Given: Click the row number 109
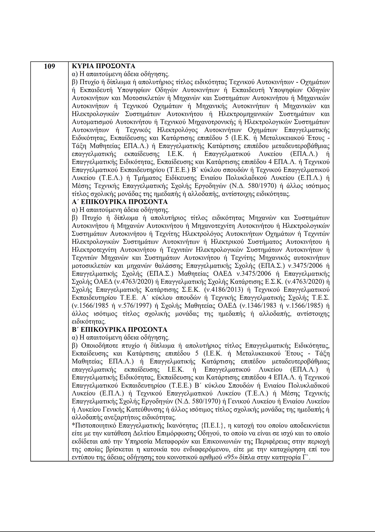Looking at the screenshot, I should tap(49, 66).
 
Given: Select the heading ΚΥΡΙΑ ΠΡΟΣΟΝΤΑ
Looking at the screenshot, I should tap(103, 66).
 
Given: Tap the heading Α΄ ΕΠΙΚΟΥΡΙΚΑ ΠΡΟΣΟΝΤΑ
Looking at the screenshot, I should tap(120, 202).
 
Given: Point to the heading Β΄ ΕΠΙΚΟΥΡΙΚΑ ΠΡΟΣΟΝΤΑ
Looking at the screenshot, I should tap(119, 329).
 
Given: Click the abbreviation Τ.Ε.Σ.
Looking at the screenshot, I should tap(320, 298).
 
